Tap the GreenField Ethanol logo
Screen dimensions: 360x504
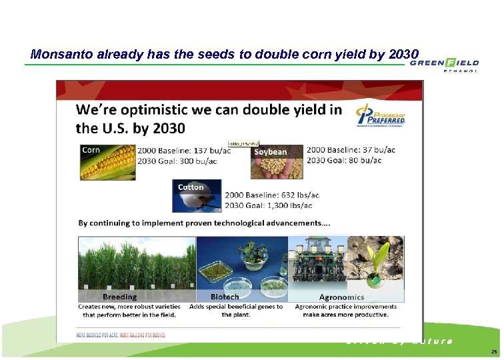coord(444,64)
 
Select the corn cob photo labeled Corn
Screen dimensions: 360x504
coord(107,162)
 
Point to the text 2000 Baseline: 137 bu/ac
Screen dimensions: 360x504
coord(184,150)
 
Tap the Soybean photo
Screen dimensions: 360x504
coord(276,162)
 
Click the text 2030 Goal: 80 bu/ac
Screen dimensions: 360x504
coord(344,160)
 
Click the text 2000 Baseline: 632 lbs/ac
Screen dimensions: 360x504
coord(272,195)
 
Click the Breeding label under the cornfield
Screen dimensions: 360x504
coord(120,297)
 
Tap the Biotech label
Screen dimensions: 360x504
coord(225,297)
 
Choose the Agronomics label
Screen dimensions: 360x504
coord(341,297)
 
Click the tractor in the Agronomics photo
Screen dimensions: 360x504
coord(321,263)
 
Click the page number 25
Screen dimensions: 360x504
coord(494,351)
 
